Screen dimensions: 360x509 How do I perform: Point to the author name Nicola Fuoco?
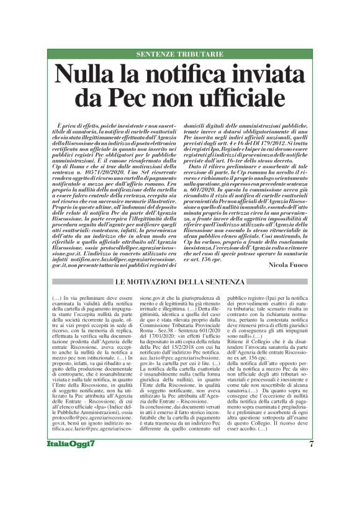pos(290,248)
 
